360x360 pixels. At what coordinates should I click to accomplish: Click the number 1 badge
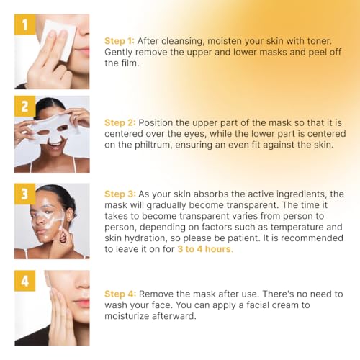coord(24,25)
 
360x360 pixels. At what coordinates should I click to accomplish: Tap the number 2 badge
coord(24,108)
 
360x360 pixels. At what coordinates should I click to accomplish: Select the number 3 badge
coord(24,195)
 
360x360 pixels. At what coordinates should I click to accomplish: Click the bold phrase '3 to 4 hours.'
coord(205,249)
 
